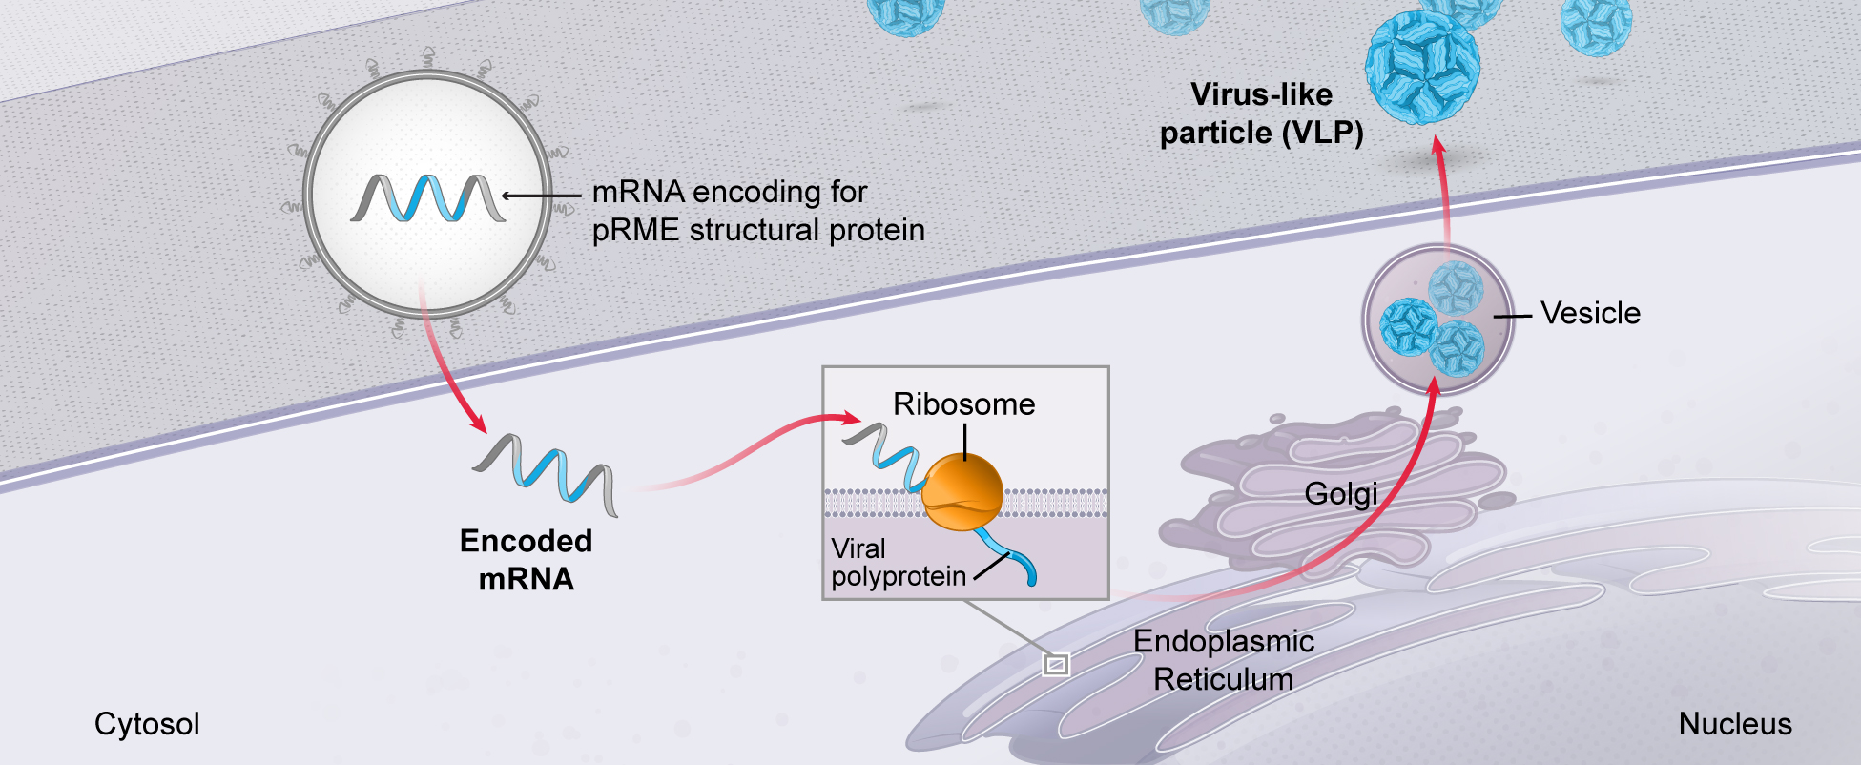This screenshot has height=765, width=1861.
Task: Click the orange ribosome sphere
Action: [x=962, y=492]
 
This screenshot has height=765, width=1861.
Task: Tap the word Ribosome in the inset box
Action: [x=963, y=404]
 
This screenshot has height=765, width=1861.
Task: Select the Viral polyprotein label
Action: [x=897, y=563]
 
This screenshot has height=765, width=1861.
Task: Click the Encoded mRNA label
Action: [x=526, y=560]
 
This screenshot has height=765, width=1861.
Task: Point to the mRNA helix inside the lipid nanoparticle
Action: [x=427, y=198]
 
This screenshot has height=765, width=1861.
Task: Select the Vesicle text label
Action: [x=1590, y=314]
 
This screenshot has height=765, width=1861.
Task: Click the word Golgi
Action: [x=1340, y=494]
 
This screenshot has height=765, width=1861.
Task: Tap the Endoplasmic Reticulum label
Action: [x=1223, y=660]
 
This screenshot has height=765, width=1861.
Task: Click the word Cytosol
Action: [x=147, y=724]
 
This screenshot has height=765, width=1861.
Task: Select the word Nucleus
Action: [x=1734, y=724]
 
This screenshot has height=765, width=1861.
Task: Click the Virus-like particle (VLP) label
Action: [x=1261, y=114]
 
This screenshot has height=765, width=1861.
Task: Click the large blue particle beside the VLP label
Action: [x=1422, y=67]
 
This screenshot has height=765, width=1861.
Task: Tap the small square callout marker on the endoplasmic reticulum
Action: [x=1056, y=664]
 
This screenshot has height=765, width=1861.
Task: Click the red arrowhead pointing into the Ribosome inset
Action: [x=851, y=418]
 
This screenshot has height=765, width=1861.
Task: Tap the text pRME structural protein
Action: [x=758, y=231]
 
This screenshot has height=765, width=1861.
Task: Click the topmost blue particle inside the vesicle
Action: [x=1455, y=286]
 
